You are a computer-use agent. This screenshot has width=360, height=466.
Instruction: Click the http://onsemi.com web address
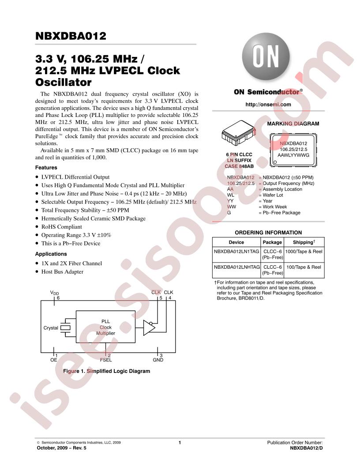pos(268,104)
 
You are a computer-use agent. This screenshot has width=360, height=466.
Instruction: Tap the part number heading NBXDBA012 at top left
pos(71,36)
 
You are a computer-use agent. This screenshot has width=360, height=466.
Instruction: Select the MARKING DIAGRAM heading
pos(293,124)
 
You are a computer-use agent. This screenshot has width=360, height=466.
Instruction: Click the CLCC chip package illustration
pos(238,133)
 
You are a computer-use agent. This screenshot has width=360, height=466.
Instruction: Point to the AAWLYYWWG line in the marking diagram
pos(293,155)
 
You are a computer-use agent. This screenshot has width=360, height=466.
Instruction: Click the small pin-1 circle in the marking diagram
pos(275,162)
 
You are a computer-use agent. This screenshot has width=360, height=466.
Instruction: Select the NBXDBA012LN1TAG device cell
pos(236,252)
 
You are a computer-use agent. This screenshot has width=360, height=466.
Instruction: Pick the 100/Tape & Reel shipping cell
pos(304,267)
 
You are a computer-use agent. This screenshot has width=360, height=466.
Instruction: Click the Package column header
pos(272,242)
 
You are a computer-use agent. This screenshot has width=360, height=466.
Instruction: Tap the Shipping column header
pos(304,242)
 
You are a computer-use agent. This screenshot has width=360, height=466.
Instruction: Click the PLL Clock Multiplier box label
pos(105,327)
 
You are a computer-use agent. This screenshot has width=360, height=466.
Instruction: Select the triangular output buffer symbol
pos(149,327)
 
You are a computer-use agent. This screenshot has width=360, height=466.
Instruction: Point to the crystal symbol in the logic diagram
pos(66,327)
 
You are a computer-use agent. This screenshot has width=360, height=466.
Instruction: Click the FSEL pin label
pos(106,360)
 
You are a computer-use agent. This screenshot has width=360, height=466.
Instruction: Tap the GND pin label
pos(158,360)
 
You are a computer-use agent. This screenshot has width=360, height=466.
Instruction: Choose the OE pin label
pos(54,360)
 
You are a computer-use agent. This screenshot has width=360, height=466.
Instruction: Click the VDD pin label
pos(54,293)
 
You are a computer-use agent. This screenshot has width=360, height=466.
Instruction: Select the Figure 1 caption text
pos(107,371)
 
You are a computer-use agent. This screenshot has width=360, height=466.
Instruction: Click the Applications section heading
pos(51,254)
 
